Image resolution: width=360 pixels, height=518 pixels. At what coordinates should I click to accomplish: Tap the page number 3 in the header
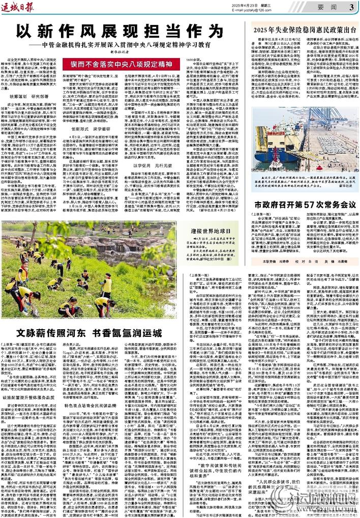[351, 7]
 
